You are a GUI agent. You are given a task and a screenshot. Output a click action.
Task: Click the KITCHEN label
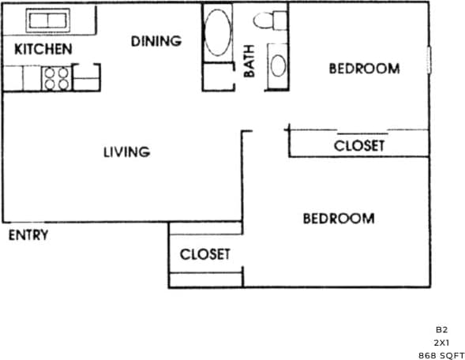(x=43, y=50)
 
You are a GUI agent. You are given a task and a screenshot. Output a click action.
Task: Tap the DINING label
(x=156, y=41)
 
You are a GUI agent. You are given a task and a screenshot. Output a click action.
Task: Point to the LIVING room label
(x=126, y=152)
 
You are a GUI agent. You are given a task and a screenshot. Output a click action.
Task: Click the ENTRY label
(x=28, y=235)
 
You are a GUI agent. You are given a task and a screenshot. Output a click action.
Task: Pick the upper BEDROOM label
(x=364, y=69)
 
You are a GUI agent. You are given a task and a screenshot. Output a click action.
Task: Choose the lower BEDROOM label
(x=339, y=218)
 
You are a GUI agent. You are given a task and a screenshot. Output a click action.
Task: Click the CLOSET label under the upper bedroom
(x=359, y=145)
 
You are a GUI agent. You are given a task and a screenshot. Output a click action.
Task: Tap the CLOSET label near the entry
(x=205, y=254)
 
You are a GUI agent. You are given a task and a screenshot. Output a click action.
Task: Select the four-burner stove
(x=56, y=77)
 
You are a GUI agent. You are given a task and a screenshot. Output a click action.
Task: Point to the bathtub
(x=218, y=32)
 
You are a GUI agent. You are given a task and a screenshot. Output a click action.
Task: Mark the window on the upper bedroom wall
(x=430, y=59)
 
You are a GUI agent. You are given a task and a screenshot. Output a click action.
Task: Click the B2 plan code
(x=441, y=328)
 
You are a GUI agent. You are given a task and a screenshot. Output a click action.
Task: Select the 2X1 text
(x=441, y=342)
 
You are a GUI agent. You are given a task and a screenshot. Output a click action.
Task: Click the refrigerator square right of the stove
(x=86, y=78)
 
